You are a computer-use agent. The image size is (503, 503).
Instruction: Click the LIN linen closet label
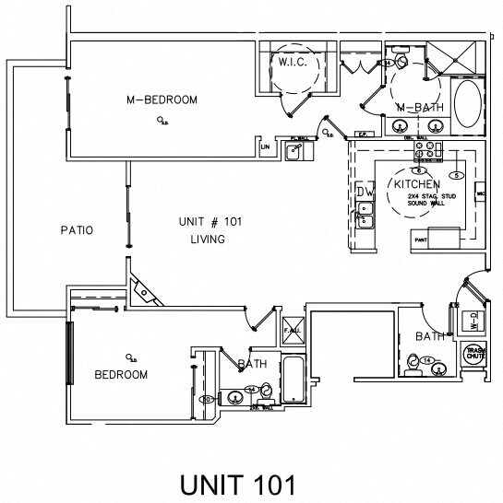tap(265, 146)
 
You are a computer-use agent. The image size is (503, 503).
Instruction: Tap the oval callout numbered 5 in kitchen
tap(455, 175)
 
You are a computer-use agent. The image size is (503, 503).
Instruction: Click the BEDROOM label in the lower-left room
tap(121, 374)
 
